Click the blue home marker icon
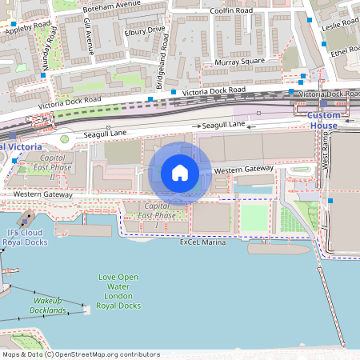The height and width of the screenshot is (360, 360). [180, 173]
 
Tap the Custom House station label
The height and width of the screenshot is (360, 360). [323, 121]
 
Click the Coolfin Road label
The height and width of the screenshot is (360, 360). [231, 10]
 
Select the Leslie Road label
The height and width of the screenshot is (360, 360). [338, 26]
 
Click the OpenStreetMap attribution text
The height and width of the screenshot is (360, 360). [80, 354]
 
